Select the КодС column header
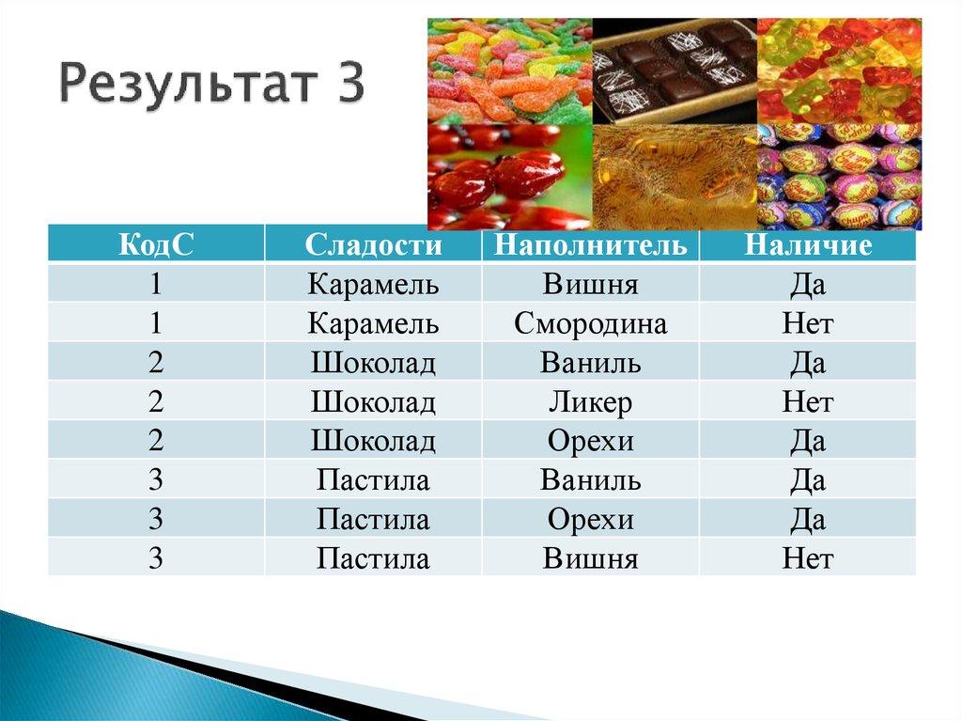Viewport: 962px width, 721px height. pyautogui.click(x=156, y=245)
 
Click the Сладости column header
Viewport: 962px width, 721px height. pyautogui.click(x=373, y=245)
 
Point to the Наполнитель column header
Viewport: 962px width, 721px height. pyautogui.click(x=590, y=246)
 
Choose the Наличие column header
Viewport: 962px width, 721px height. pyautogui.click(x=808, y=245)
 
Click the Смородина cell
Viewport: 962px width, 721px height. pyautogui.click(x=590, y=324)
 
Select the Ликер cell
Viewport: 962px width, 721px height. pyautogui.click(x=590, y=403)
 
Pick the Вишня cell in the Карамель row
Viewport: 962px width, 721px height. pyautogui.click(x=590, y=285)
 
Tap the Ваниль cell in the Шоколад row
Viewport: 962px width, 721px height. pyautogui.click(x=590, y=364)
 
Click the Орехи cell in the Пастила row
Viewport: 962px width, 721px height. pyautogui.click(x=590, y=520)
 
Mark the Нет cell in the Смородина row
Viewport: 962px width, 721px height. pyautogui.click(x=808, y=324)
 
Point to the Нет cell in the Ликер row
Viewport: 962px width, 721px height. pyautogui.click(x=808, y=403)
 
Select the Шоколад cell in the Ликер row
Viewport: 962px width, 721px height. pyautogui.click(x=373, y=403)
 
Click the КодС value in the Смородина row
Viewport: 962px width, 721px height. pyautogui.click(x=156, y=324)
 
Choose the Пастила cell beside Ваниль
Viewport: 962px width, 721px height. pyautogui.click(x=373, y=480)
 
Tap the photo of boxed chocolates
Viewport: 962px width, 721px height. pyautogui.click(x=675, y=71)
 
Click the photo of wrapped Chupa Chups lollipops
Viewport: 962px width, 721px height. pyautogui.click(x=839, y=176)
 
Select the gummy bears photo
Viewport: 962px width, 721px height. pyautogui.click(x=839, y=71)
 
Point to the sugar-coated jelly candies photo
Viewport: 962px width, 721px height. pyautogui.click(x=509, y=71)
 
